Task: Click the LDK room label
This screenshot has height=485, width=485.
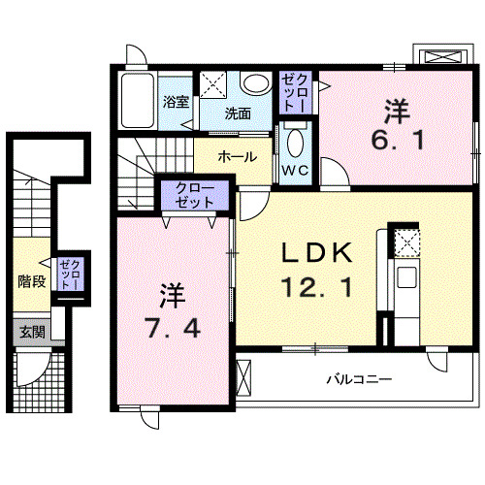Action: point(315,252)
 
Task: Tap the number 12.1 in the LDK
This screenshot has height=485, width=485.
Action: point(315,288)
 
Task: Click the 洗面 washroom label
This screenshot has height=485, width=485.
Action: point(238,113)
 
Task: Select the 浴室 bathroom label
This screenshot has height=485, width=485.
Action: point(176,100)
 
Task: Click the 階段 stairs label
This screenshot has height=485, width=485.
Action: point(31,282)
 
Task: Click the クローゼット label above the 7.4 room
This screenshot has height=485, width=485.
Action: point(197,196)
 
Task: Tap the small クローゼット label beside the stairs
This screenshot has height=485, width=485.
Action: point(70,274)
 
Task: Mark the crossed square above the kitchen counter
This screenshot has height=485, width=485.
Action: point(405,242)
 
